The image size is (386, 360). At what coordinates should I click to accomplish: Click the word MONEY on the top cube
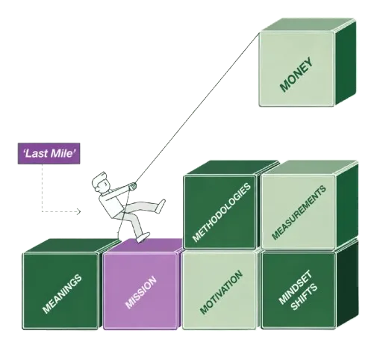(296, 75)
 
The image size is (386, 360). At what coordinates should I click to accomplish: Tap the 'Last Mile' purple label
(49, 153)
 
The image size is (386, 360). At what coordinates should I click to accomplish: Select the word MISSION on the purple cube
(141, 293)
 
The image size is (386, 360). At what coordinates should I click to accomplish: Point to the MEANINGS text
(62, 294)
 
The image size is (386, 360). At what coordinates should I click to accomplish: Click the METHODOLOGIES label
(222, 212)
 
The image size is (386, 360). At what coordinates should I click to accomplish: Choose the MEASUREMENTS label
(299, 213)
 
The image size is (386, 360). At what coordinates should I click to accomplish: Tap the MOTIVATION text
(221, 292)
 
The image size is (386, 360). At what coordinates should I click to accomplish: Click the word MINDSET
(295, 288)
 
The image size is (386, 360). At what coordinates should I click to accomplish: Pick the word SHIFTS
(304, 297)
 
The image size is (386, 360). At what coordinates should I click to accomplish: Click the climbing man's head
(101, 183)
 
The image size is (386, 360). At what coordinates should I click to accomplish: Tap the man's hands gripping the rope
(132, 186)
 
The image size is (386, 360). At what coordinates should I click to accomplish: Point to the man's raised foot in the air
(161, 205)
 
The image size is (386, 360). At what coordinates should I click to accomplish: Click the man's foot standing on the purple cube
(143, 238)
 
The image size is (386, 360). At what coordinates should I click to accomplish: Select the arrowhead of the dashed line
(78, 212)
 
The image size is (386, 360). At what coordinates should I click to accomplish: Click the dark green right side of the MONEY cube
(346, 63)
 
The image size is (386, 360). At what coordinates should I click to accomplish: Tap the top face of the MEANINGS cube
(71, 245)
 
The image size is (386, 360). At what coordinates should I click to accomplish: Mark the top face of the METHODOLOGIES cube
(231, 167)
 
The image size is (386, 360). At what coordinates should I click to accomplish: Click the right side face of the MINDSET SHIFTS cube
(347, 284)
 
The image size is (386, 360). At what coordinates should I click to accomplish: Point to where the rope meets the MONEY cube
(259, 34)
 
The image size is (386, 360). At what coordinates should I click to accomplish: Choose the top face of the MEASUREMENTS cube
(310, 167)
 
